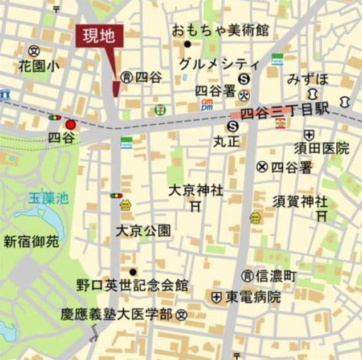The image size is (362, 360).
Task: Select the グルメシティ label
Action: point(219,63)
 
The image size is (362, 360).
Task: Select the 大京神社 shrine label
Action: point(196,190)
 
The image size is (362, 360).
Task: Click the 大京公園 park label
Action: point(143,231)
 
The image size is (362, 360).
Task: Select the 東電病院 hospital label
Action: point(253,297)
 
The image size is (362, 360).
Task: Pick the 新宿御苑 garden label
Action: point(31,242)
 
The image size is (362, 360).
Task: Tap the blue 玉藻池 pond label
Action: point(49,199)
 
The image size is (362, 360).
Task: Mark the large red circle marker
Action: point(71,125)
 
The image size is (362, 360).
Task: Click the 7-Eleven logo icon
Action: point(159,109)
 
